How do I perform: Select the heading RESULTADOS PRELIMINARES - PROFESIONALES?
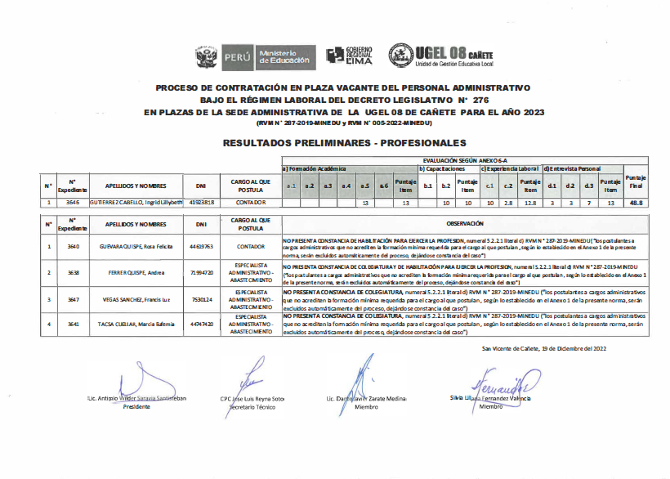pyautogui.click(x=336, y=142)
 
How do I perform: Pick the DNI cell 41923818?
pyautogui.click(x=201, y=201)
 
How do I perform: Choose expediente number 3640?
pyautogui.click(x=74, y=245)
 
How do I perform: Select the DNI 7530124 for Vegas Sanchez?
pyautogui.click(x=201, y=300)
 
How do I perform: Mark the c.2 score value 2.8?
pyautogui.click(x=508, y=201)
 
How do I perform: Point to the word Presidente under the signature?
pyautogui.click(x=136, y=406)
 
